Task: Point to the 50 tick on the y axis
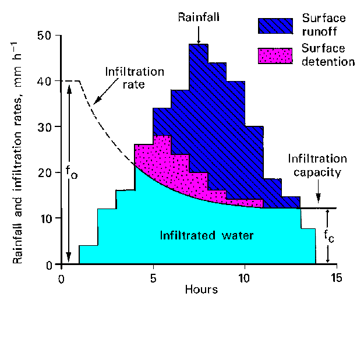tap(45, 36)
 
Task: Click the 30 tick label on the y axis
tap(45, 127)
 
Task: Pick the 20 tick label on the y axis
tap(45, 173)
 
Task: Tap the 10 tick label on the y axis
tap(45, 218)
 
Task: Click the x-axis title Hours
tap(202, 289)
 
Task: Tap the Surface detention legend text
tap(328, 55)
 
